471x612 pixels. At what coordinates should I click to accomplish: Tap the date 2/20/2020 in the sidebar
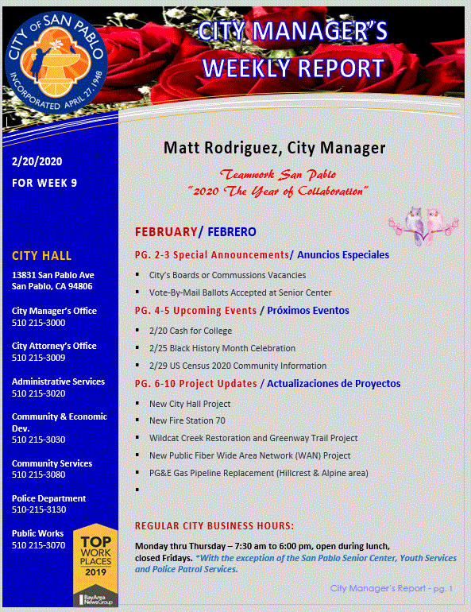click(37, 162)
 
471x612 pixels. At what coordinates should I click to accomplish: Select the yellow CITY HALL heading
click(41, 256)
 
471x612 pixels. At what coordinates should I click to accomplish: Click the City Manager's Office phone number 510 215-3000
click(38, 323)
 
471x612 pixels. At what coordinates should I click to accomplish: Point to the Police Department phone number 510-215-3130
click(39, 510)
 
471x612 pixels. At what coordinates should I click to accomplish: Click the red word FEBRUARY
click(165, 232)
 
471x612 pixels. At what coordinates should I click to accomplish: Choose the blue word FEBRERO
click(232, 232)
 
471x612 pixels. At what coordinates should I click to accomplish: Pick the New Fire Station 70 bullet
click(187, 420)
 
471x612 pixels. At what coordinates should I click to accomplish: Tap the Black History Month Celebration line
click(222, 348)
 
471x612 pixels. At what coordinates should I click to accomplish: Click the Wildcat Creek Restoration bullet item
click(253, 438)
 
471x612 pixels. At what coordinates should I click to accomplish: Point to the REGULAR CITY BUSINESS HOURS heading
click(214, 526)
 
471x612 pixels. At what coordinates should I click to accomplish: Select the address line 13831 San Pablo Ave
click(52, 275)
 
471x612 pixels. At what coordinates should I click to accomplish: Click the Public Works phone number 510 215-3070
click(38, 545)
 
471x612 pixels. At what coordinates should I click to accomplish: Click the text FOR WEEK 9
click(44, 183)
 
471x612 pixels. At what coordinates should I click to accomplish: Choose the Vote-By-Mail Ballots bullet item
click(240, 292)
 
